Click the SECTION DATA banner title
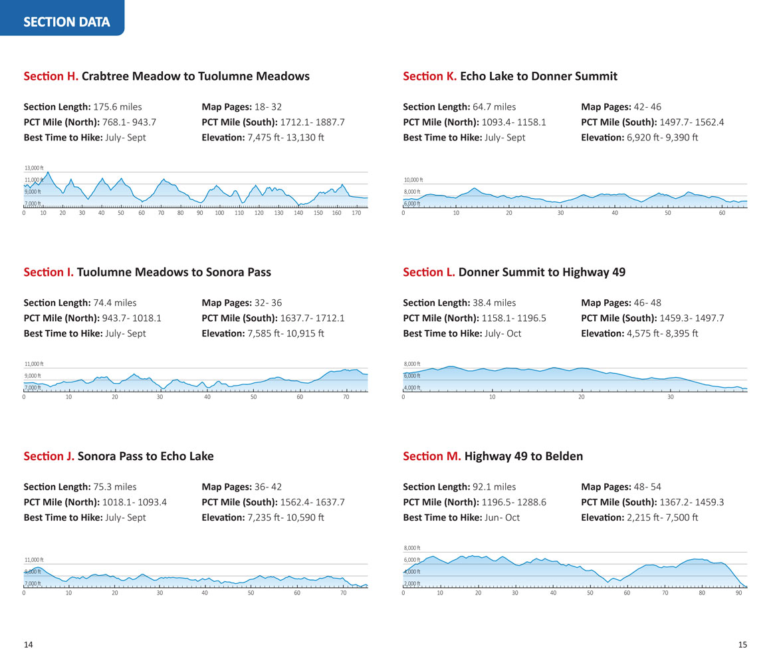66,22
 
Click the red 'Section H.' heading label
51,76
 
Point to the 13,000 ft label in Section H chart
33,168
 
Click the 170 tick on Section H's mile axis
356,213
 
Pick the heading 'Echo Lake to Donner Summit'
538,76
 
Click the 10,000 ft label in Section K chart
413,180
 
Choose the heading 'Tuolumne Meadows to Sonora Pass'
174,273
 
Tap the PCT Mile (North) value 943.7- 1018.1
132,319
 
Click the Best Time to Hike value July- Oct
502,334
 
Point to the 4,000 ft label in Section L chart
412,388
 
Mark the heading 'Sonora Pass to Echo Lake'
146,457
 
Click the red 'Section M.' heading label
432,457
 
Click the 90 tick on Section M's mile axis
738,593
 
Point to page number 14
29,645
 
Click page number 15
742,645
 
